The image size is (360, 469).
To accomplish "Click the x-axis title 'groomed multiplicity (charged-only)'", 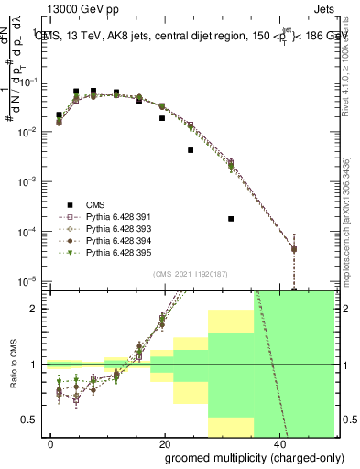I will pyautogui.click(x=242, y=457).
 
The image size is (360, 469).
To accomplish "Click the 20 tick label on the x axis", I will pyautogui.click(x=165, y=444).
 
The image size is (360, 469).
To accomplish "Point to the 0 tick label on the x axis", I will pyautogui.click(x=50, y=444).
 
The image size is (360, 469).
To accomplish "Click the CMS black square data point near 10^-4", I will pyautogui.click(x=231, y=219).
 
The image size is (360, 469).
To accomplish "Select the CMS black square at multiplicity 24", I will pyautogui.click(x=191, y=150).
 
